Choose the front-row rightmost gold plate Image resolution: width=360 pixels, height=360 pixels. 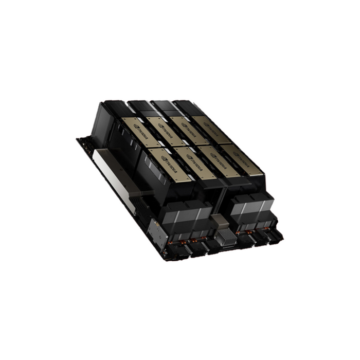[243, 160]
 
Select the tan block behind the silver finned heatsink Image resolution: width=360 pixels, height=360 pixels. [220, 221]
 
